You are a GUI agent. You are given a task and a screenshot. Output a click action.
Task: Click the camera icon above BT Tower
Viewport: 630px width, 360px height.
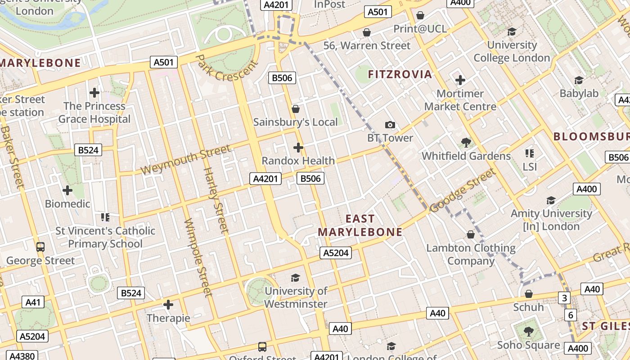pyautogui.click(x=390, y=125)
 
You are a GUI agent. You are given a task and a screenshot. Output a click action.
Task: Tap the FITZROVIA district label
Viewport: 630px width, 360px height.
pyautogui.click(x=400, y=74)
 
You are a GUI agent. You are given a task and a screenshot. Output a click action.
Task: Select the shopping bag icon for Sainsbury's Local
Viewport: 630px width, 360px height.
pyautogui.click(x=296, y=109)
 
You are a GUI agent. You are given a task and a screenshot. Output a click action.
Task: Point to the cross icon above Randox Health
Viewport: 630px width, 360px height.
pyautogui.click(x=298, y=147)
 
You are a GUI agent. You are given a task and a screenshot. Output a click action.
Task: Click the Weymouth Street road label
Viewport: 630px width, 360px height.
pyautogui.click(x=186, y=160)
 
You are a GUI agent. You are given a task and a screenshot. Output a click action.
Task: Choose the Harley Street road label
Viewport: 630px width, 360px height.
pyautogui.click(x=216, y=200)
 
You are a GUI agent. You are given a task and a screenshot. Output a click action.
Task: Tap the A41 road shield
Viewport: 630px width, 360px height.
pyautogui.click(x=33, y=302)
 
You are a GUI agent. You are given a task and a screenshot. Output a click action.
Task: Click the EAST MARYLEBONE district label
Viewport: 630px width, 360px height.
pyautogui.click(x=360, y=225)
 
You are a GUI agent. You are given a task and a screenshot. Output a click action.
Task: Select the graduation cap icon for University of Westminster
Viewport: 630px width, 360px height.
pyautogui.click(x=295, y=278)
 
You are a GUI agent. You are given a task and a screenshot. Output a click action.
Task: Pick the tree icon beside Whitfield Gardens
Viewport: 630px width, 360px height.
pyautogui.click(x=466, y=143)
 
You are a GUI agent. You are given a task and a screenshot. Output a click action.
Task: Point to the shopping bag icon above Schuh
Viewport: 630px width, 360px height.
pyautogui.click(x=529, y=294)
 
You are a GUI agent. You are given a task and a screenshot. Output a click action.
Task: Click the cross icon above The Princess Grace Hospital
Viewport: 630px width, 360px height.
pyautogui.click(x=94, y=93)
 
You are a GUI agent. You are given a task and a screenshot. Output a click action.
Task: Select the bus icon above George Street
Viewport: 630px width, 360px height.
pyautogui.click(x=40, y=247)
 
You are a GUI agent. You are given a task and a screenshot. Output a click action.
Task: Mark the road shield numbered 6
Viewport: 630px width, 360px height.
pyautogui.click(x=571, y=315)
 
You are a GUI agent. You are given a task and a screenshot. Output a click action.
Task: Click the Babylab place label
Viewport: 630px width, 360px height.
pyautogui.click(x=579, y=94)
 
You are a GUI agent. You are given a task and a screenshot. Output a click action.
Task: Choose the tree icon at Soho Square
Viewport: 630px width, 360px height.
pyautogui.click(x=529, y=332)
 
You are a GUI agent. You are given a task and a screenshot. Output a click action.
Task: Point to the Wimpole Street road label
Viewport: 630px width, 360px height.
pyautogui.click(x=198, y=258)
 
